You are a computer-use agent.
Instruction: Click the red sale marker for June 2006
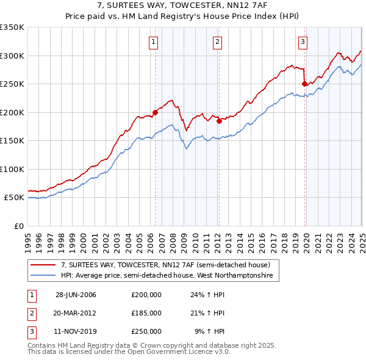155,112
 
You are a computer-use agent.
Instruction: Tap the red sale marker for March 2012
219,121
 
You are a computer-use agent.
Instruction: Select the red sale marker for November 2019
304,84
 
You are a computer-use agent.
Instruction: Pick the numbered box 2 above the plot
217,42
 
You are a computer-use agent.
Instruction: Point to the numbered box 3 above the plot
303,42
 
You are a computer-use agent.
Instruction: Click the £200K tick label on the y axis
12,112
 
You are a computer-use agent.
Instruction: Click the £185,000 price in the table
146,313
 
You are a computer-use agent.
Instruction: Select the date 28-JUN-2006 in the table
76,295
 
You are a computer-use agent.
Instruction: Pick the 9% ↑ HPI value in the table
210,331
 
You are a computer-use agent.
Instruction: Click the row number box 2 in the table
30,313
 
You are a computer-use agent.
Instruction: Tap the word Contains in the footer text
42,345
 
